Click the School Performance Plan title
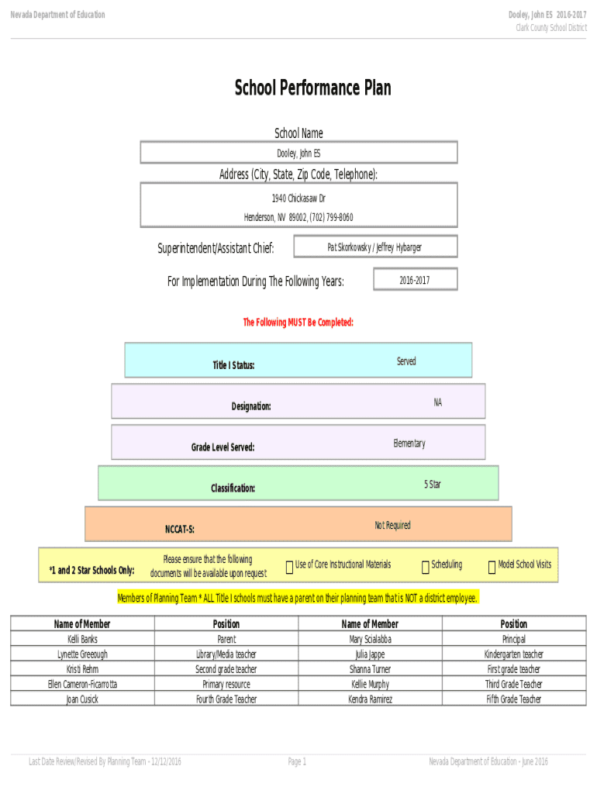[x=313, y=88]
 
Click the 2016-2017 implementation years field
[x=415, y=280]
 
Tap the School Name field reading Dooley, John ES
[x=298, y=153]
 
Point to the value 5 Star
[x=433, y=485]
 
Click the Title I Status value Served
[x=406, y=361]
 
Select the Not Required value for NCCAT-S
[x=392, y=526]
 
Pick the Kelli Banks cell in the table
[x=82, y=640]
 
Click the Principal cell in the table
[x=513, y=640]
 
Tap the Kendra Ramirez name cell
[x=370, y=699]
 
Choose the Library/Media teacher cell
[x=226, y=654]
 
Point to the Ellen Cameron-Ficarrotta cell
[x=82, y=685]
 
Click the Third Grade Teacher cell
[x=513, y=685]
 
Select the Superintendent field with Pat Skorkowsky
[x=375, y=247]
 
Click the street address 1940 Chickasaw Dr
[x=298, y=199]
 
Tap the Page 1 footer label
[x=298, y=762]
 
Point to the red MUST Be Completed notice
[x=298, y=323]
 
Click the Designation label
[x=251, y=406]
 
